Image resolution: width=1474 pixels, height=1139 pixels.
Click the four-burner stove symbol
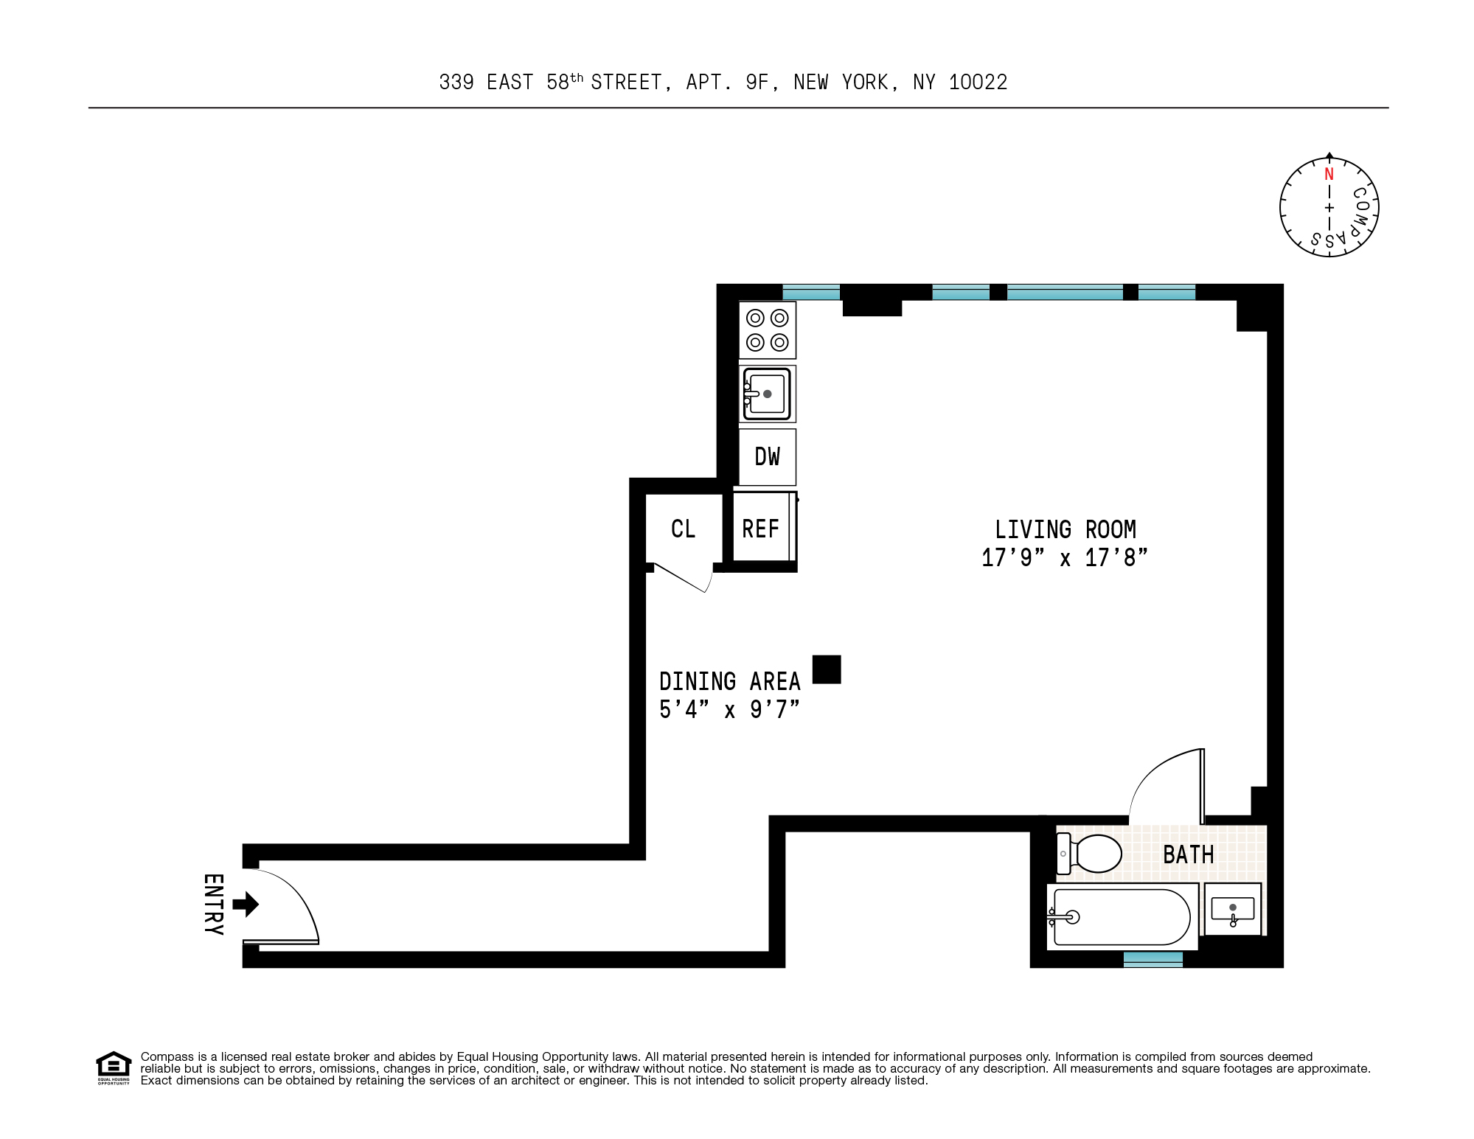pyautogui.click(x=767, y=330)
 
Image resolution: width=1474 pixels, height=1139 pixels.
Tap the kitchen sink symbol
pyautogui.click(x=767, y=394)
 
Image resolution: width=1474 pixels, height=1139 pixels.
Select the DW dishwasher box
pyautogui.click(x=767, y=456)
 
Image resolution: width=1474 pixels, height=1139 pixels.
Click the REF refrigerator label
pyautogui.click(x=760, y=529)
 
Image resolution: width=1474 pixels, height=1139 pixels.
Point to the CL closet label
pyautogui.click(x=683, y=529)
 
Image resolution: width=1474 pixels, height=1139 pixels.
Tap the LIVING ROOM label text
pyautogui.click(x=1065, y=529)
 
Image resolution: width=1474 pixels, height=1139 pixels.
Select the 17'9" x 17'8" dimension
pyautogui.click(x=1064, y=557)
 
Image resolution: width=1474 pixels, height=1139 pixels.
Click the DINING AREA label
pyautogui.click(x=729, y=681)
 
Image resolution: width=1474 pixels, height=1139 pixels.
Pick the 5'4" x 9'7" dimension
pyautogui.click(x=729, y=709)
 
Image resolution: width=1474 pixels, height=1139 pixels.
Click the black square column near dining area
pyautogui.click(x=827, y=669)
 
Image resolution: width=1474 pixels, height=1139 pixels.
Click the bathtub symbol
pyautogui.click(x=1121, y=917)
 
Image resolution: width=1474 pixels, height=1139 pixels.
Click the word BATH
pyautogui.click(x=1188, y=854)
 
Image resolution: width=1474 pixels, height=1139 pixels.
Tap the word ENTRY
pyautogui.click(x=213, y=904)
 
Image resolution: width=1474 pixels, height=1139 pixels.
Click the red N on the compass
pyautogui.click(x=1329, y=174)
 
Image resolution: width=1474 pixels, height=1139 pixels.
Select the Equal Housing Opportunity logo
pyautogui.click(x=114, y=1067)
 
